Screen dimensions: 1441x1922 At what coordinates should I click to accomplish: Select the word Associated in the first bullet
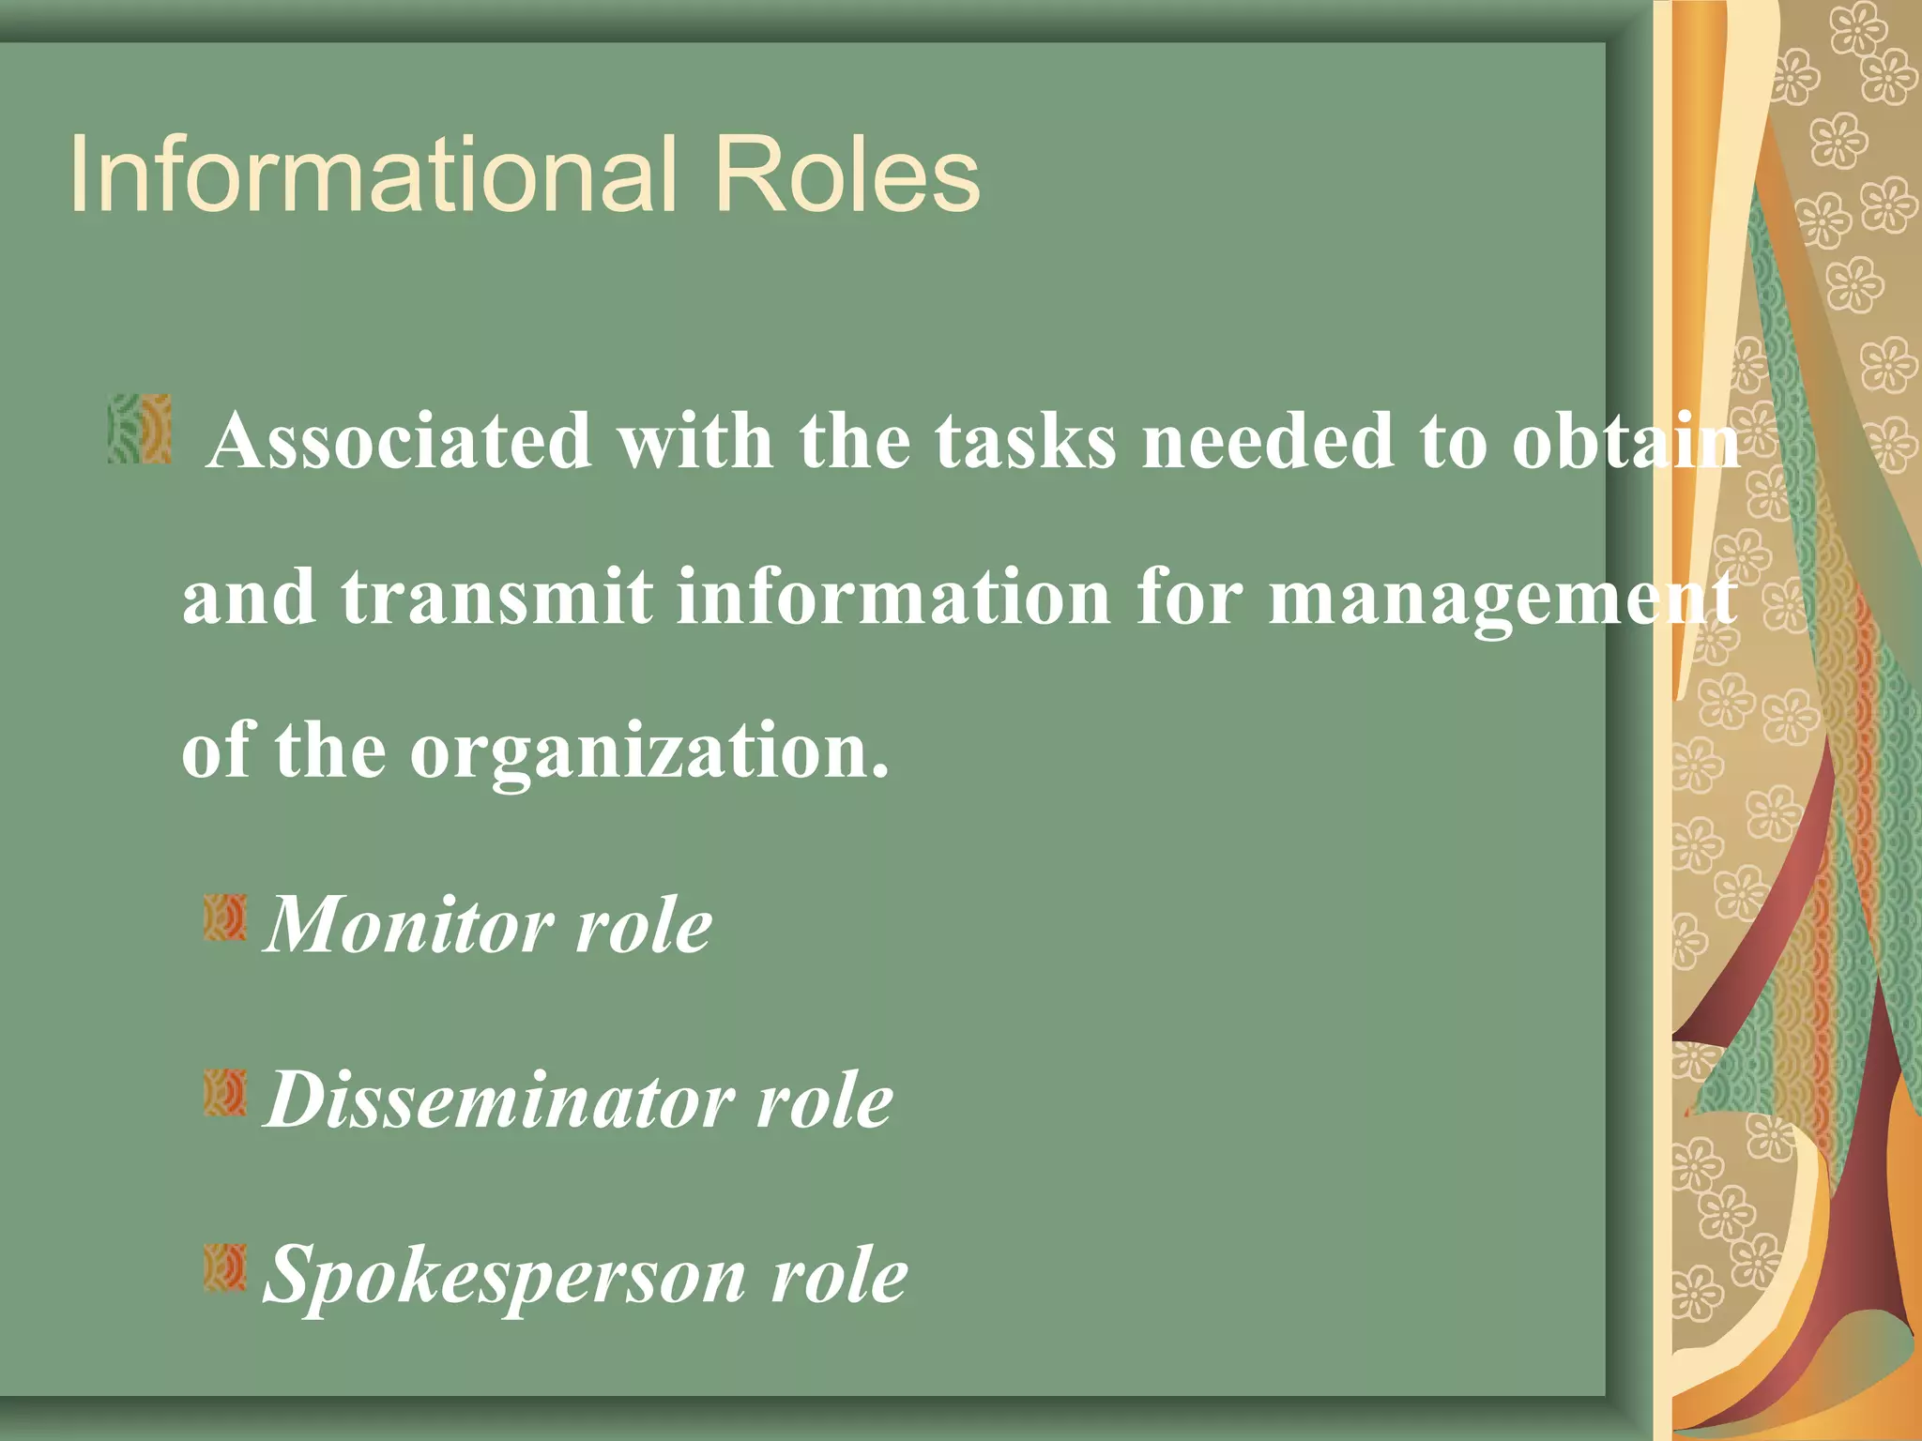click(399, 441)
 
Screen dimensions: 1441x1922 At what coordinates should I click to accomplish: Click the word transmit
click(496, 597)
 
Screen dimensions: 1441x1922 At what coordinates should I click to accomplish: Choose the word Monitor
click(408, 925)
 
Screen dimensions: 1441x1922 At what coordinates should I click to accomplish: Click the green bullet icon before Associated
click(140, 430)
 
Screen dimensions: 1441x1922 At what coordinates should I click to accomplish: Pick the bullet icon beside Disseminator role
click(225, 1092)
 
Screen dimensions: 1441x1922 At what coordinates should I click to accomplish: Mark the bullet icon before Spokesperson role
click(225, 1267)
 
